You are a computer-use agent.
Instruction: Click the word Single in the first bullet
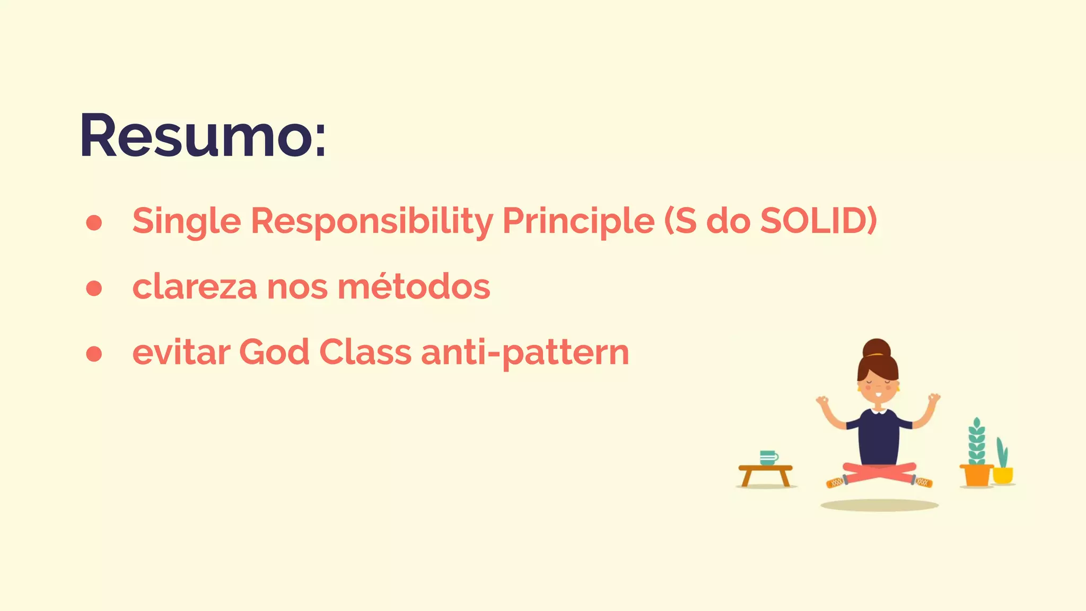coord(187,221)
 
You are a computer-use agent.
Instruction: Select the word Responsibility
coord(372,221)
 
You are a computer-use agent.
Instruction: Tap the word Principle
coord(578,221)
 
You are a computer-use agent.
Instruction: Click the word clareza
coord(194,287)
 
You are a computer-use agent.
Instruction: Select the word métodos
coord(414,287)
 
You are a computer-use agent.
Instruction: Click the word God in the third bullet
coord(274,352)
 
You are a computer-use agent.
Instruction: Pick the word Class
coord(365,352)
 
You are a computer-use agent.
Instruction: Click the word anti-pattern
coord(525,353)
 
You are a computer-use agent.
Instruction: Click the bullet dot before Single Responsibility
coord(94,223)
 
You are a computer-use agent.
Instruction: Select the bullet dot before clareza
coord(94,288)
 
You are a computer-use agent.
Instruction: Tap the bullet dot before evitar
coord(94,354)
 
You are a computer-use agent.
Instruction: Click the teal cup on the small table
coord(768,458)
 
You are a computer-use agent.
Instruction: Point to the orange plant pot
coord(976,475)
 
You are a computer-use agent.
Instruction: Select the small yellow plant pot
coord(1002,475)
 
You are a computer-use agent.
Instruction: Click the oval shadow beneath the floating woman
coord(879,505)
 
